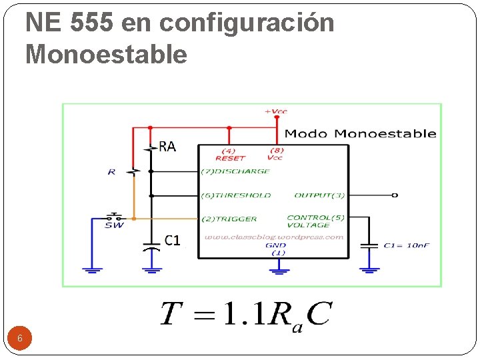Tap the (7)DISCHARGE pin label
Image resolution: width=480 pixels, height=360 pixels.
tap(236, 171)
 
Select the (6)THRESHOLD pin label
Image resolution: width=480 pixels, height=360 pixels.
tap(237, 195)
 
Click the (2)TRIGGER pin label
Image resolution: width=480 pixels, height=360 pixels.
tap(229, 219)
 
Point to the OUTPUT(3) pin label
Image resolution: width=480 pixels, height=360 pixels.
tap(319, 195)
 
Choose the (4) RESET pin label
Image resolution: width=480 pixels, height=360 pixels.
tap(230, 155)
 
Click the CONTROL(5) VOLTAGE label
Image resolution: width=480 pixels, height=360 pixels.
tap(316, 221)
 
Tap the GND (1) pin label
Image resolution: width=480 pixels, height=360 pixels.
tap(275, 249)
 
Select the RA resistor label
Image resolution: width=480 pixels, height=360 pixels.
tap(167, 147)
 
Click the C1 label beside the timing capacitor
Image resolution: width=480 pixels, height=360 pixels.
tap(172, 240)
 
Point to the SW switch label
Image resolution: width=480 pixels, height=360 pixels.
tap(114, 225)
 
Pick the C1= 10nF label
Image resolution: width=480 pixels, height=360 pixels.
tap(406, 245)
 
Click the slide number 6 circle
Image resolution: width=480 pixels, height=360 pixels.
tap(20, 338)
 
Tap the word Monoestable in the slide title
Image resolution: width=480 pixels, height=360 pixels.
tap(106, 54)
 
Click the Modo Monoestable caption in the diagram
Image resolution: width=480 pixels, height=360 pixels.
tap(360, 133)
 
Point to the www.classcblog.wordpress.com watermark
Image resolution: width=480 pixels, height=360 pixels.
tap(274, 237)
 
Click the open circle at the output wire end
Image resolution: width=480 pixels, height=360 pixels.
tap(395, 195)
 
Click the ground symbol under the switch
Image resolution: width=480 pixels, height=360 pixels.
tap(93, 269)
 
